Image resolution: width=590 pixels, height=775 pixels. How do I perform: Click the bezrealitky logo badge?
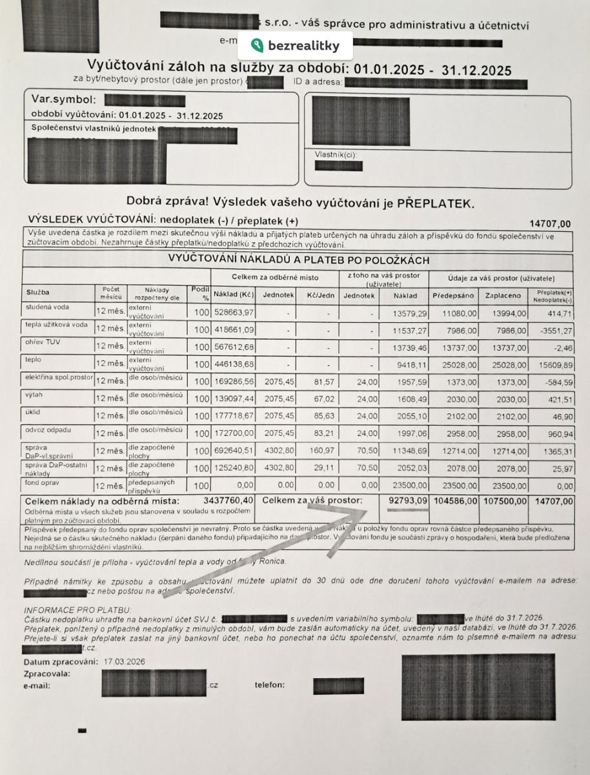pos(295,46)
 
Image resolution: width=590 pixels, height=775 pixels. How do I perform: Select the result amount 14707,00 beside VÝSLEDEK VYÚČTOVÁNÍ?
pos(549,223)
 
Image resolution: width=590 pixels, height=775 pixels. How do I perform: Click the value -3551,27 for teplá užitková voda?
pos(553,330)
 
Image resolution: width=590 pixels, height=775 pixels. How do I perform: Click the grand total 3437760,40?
pos(229,501)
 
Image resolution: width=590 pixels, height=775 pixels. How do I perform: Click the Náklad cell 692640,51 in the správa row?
pos(234,449)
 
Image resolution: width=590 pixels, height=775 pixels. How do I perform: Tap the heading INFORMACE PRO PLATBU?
pos(77,610)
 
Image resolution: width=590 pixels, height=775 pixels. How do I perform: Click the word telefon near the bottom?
pos(269,685)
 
